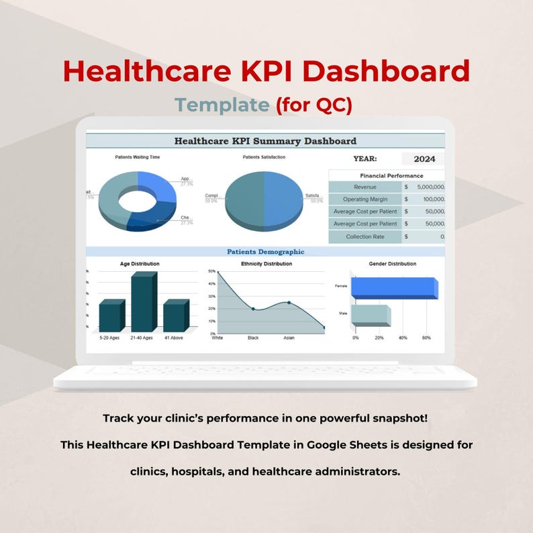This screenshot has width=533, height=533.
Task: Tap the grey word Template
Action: (222, 105)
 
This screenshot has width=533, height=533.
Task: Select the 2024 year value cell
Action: (424, 159)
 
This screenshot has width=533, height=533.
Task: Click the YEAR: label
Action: (365, 159)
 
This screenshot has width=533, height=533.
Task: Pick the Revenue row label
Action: (365, 187)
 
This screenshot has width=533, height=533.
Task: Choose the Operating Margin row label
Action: (365, 199)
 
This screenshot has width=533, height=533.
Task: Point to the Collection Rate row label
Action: (365, 237)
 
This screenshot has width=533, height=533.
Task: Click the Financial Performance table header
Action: (387, 175)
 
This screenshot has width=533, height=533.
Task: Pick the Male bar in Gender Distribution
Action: (370, 316)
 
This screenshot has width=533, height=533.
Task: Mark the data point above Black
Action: (253, 309)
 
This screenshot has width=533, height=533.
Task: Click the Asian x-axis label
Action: (289, 338)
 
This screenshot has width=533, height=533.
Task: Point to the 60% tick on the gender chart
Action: (426, 338)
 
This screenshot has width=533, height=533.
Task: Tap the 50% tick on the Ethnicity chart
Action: (211, 271)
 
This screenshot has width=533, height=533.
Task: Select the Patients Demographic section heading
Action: (265, 252)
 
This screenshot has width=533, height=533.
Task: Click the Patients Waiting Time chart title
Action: (138, 157)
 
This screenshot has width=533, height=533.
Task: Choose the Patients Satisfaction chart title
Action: (264, 157)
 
